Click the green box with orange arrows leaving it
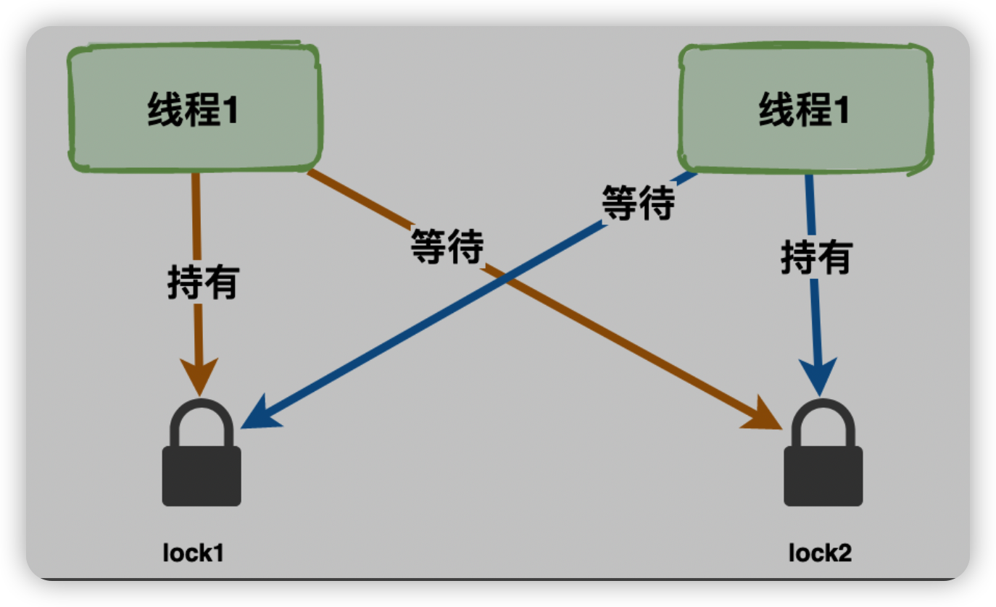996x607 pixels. tap(194, 109)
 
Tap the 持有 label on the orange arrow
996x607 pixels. tap(203, 282)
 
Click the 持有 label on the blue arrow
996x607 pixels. tap(816, 257)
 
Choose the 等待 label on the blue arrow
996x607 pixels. tap(638, 202)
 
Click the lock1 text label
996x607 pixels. tap(193, 553)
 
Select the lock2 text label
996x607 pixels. tap(820, 553)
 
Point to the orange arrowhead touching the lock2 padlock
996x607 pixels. tap(765, 416)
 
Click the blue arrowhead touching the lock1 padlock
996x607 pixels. tap(257, 416)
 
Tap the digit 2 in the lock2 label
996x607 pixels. tap(844, 553)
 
